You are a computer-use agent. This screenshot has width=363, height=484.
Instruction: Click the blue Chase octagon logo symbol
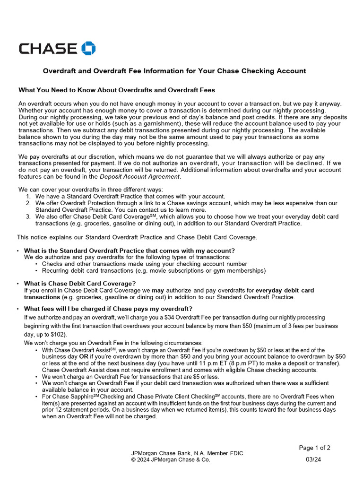pyautogui.click(x=88, y=48)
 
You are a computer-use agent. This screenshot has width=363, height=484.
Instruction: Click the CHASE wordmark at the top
pyautogui.click(x=48, y=48)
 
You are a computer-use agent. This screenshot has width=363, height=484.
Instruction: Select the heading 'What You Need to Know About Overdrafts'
pyautogui.click(x=116, y=90)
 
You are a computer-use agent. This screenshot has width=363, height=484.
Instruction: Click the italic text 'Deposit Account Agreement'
pyautogui.click(x=140, y=176)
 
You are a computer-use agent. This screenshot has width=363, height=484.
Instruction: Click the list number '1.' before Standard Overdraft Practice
pyautogui.click(x=28, y=196)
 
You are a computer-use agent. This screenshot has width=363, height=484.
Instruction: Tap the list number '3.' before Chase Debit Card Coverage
pyautogui.click(x=28, y=216)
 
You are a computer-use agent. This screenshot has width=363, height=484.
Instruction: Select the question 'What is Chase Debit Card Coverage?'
pyautogui.click(x=80, y=284)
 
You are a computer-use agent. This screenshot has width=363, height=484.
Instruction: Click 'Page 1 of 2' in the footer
pyautogui.click(x=315, y=448)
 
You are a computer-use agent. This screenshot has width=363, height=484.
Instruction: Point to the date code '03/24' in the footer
pyautogui.click(x=313, y=459)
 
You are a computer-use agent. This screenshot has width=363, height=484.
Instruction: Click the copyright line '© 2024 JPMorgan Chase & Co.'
pyautogui.click(x=171, y=459)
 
